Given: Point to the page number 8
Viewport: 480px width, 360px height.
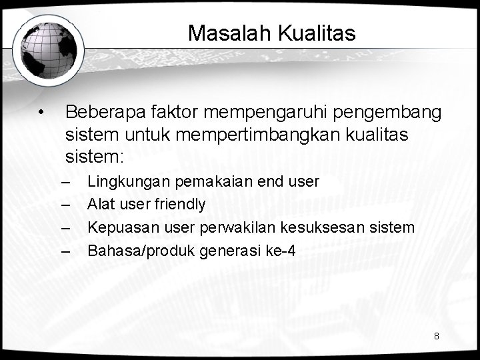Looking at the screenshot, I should pos(436,336).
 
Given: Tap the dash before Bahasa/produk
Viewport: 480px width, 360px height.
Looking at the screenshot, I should pos(65,251).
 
